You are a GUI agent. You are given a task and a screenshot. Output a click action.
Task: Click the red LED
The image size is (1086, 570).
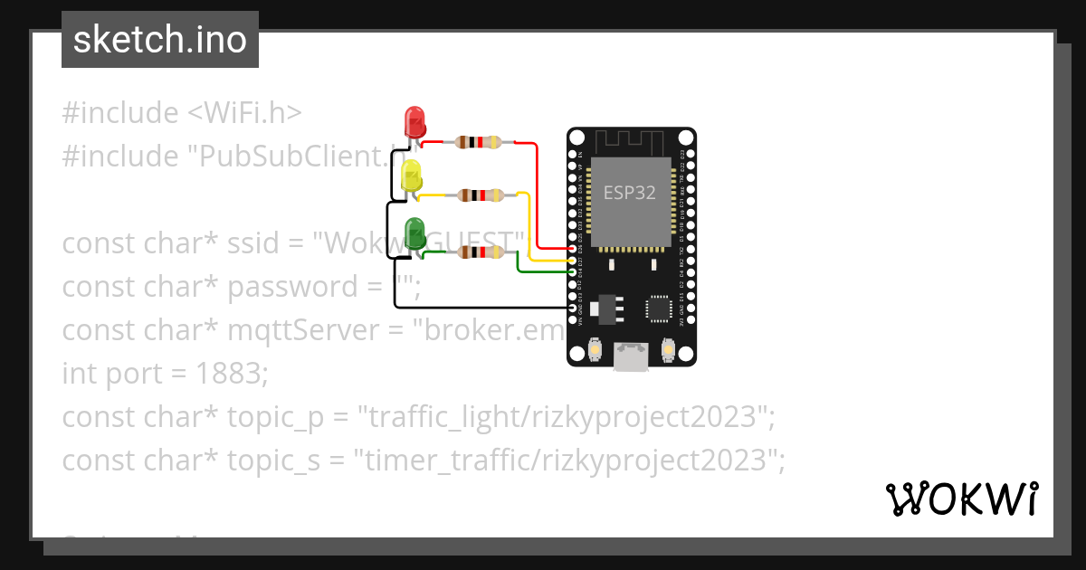(414, 120)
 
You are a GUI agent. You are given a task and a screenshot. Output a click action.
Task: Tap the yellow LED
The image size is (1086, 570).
(412, 175)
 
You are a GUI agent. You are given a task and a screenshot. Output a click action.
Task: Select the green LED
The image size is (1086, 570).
(414, 232)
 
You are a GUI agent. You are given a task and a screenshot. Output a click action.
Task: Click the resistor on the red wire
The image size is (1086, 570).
(478, 142)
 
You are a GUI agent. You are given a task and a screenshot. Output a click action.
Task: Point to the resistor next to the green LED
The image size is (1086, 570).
(478, 252)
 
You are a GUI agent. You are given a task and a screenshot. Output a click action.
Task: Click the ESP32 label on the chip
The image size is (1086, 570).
(630, 194)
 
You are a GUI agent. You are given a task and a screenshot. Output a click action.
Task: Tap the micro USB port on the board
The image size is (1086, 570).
(631, 356)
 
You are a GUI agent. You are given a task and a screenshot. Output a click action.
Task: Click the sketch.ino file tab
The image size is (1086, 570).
(160, 40)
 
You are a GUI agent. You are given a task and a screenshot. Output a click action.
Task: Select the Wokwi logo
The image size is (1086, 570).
(961, 499)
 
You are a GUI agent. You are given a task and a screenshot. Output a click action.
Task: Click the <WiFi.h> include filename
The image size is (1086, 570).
(244, 113)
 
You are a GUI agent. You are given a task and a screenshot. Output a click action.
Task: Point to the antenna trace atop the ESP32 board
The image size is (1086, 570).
(631, 140)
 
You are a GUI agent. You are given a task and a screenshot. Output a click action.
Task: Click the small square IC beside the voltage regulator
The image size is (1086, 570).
(659, 309)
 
